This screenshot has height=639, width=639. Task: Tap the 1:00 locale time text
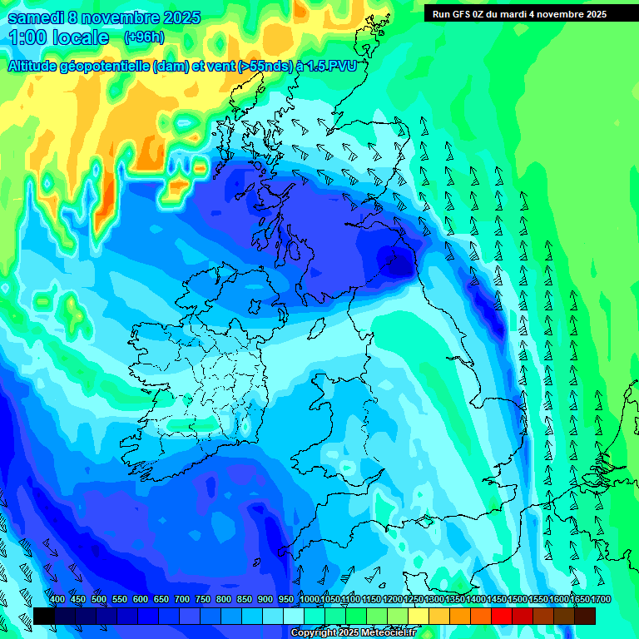(58, 37)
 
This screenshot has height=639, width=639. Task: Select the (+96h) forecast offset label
(144, 37)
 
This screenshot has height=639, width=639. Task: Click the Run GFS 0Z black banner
(519, 14)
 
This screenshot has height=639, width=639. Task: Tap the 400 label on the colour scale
(57, 600)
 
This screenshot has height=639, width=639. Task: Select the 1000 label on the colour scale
(309, 600)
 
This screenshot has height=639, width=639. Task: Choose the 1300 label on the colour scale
(434, 600)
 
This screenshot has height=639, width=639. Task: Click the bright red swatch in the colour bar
(502, 616)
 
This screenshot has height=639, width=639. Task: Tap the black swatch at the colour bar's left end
(44, 616)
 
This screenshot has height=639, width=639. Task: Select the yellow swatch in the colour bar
(419, 616)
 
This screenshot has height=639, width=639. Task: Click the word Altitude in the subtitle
(34, 66)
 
